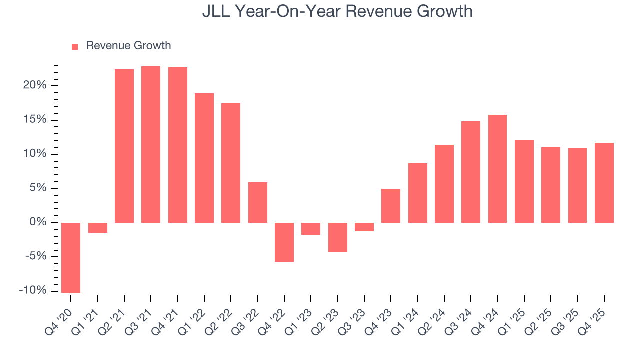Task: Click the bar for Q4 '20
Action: tap(71, 257)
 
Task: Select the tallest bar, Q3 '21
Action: tap(151, 144)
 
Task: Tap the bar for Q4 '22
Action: tap(284, 242)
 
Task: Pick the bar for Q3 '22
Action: tap(258, 202)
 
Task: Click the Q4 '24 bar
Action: tap(497, 169)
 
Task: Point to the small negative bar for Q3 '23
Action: tap(364, 227)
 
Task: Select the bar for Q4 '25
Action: tap(604, 183)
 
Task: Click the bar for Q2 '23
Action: tap(338, 237)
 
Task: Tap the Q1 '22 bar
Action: tap(204, 158)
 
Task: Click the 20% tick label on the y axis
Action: tap(35, 85)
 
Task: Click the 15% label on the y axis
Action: tap(35, 120)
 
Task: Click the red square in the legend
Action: tap(75, 46)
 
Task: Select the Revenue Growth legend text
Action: tap(128, 46)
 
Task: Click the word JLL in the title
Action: tap(216, 11)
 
